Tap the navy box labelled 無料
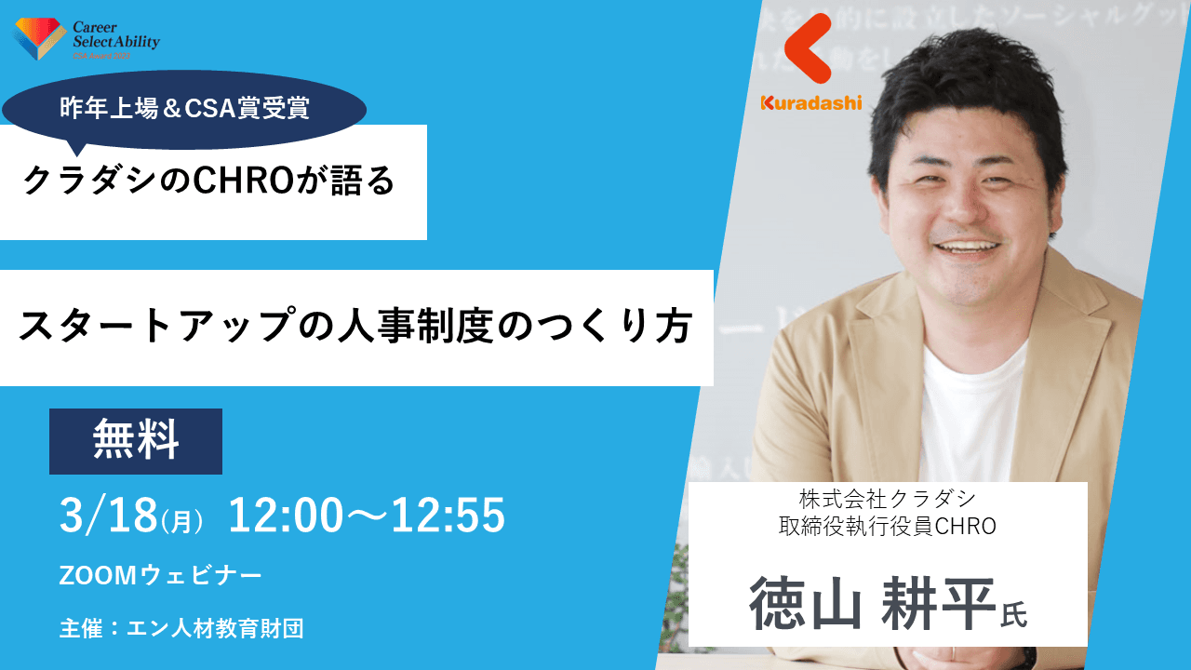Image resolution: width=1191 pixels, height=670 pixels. click(136, 440)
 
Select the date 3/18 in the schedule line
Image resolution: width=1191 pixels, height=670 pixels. click(108, 516)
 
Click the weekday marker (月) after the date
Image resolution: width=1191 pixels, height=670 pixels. click(181, 522)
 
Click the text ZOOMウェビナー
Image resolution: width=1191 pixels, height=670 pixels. click(160, 576)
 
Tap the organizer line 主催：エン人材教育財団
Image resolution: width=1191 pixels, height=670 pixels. click(181, 628)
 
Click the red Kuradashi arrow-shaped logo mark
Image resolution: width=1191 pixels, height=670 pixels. click(806, 49)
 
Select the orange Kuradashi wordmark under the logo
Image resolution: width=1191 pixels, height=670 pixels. click(810, 103)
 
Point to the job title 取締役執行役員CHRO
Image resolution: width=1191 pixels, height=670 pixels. click(887, 527)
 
